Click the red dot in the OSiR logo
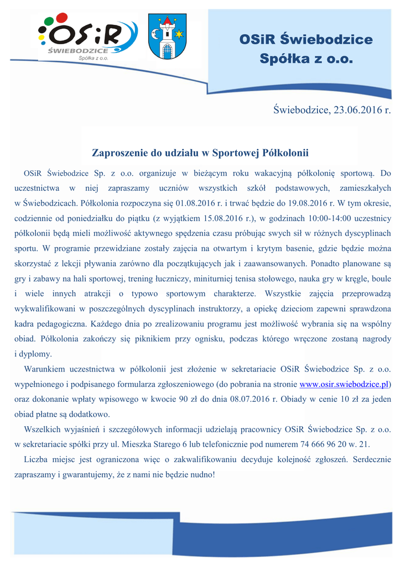click(62, 18)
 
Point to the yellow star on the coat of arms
click(179, 35)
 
